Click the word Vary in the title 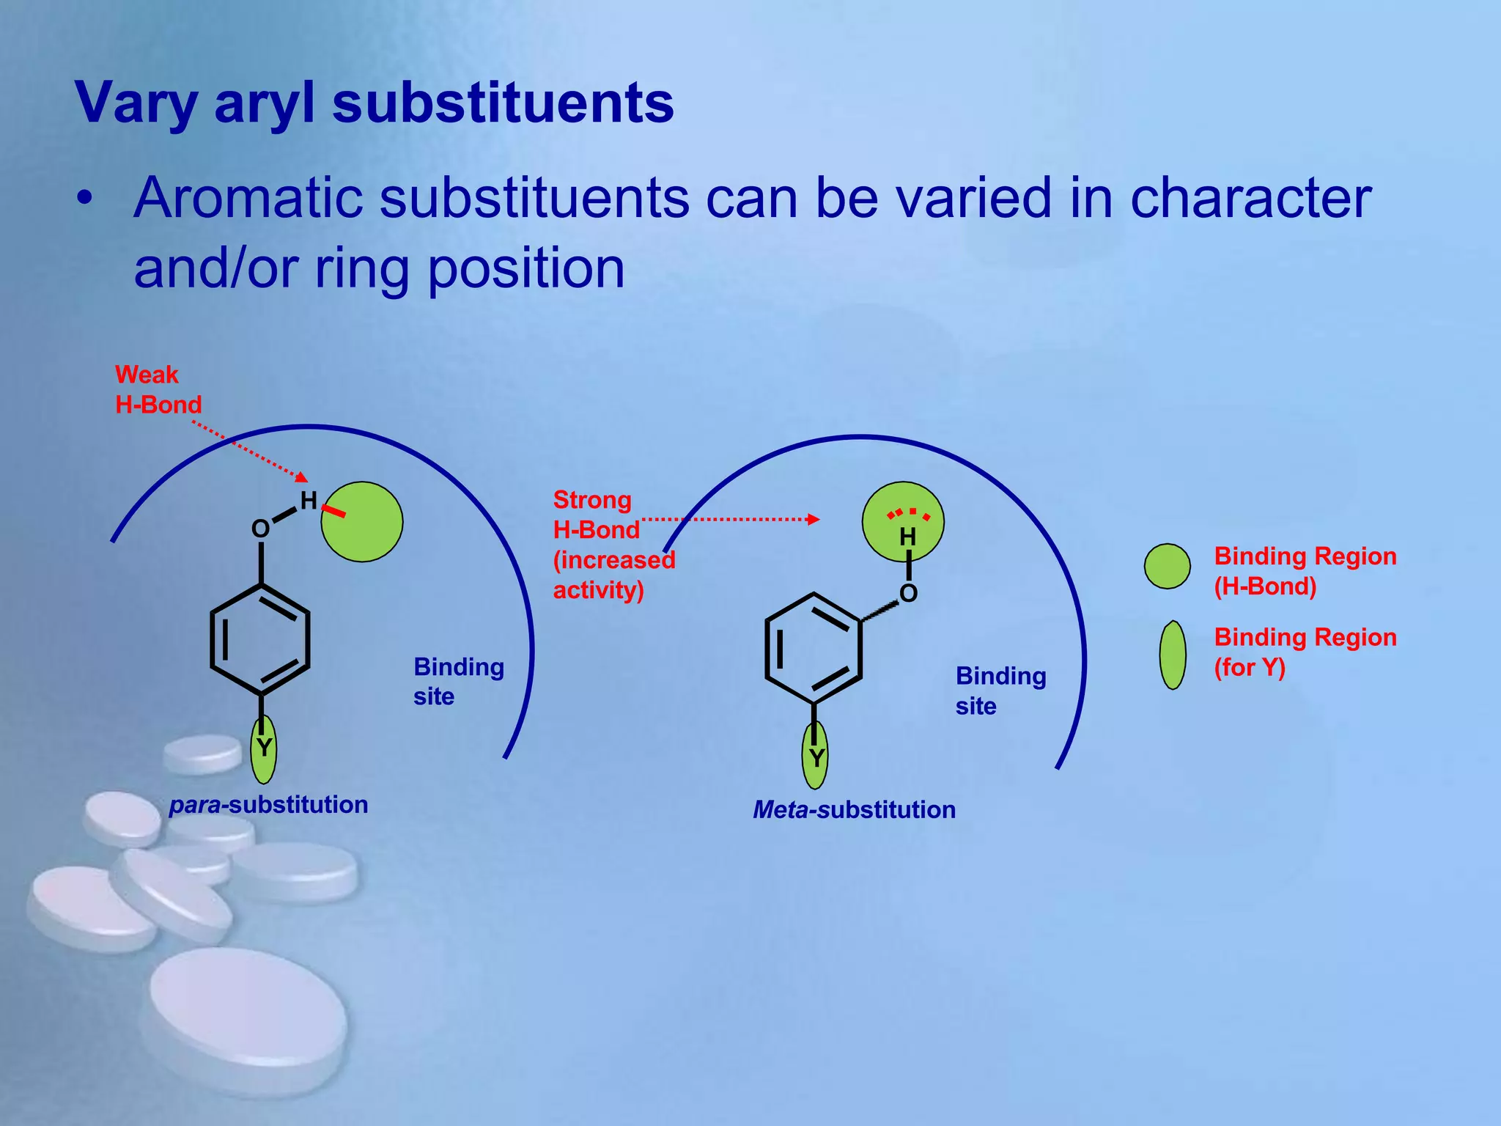pos(136,103)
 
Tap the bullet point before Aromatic pos(86,199)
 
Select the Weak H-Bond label pos(158,390)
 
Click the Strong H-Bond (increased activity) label pos(613,545)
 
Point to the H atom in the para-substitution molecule pos(309,501)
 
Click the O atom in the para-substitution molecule pos(260,529)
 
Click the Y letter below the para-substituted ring pos(264,748)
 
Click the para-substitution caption pos(268,805)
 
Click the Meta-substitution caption pos(854,810)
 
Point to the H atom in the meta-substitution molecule pos(907,537)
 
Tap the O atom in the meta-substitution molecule pos(908,593)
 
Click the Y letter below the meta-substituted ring pos(816,757)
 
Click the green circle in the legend pos(1167,566)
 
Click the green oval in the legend pos(1173,655)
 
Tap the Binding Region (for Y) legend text pos(1305,652)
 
